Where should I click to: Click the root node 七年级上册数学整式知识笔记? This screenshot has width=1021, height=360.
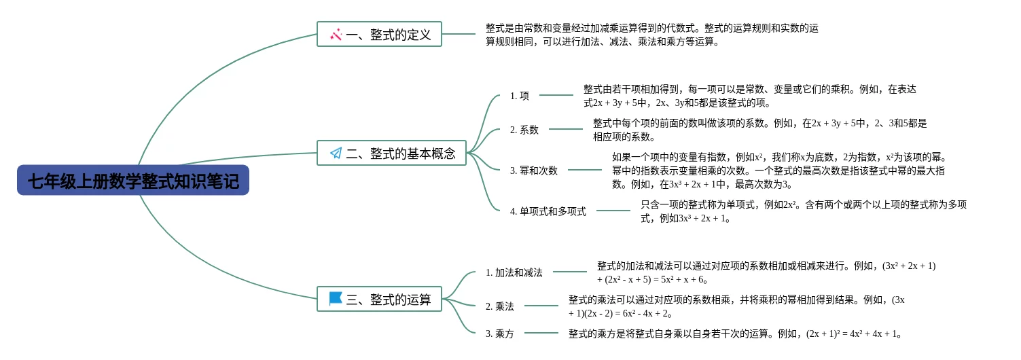tap(133, 181)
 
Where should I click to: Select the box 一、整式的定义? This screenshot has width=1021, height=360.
tap(379, 34)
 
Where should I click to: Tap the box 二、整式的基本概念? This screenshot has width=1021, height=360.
tap(391, 153)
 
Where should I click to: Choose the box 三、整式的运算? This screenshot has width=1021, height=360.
tap(379, 299)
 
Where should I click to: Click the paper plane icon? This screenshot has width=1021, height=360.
tap(336, 153)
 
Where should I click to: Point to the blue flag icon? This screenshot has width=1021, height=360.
tap(335, 298)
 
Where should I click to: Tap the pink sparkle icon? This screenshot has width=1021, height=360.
tap(336, 34)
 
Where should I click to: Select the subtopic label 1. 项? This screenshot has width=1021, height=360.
tap(520, 96)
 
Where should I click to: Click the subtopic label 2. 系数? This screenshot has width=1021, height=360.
tap(524, 130)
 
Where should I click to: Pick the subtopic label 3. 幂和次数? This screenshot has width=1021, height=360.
tap(534, 170)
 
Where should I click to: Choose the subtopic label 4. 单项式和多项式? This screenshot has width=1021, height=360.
tap(548, 211)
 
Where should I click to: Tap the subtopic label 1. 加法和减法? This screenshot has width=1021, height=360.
tap(514, 272)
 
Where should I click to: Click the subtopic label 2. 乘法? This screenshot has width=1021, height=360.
tap(500, 306)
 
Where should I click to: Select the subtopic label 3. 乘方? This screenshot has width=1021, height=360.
tap(500, 334)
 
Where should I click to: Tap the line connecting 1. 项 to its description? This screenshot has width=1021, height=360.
tap(556, 96)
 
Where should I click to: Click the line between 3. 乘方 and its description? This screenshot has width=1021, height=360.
tap(541, 334)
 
